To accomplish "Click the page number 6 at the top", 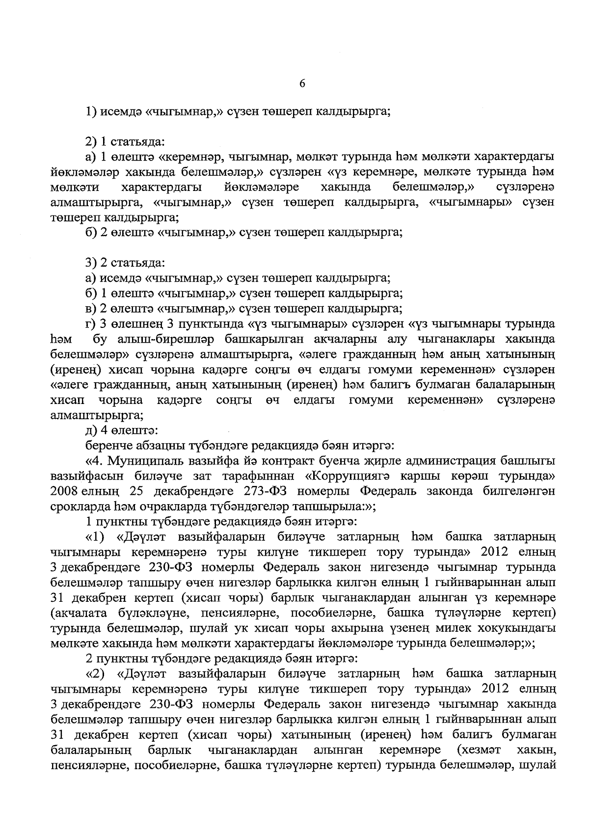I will [x=302, y=84].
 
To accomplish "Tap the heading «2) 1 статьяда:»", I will [x=125, y=142].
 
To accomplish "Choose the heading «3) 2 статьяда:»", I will [x=125, y=263].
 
